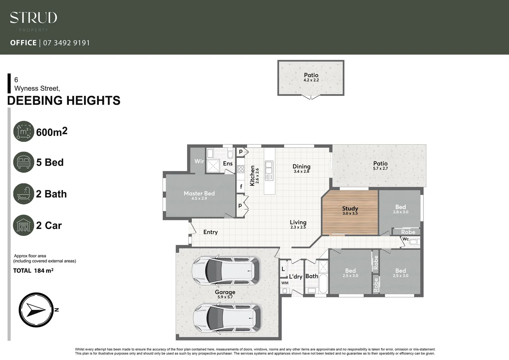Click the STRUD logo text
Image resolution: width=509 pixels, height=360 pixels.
(x=33, y=18)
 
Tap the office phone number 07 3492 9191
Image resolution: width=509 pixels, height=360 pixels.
(x=66, y=43)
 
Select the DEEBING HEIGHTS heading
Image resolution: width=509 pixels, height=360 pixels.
(x=64, y=101)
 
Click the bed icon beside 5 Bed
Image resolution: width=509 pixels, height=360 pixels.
(x=24, y=162)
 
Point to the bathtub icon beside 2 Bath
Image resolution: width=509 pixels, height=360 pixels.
(x=24, y=194)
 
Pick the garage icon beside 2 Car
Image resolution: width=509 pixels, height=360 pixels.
(x=24, y=225)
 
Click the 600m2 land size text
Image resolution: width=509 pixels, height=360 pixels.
(x=52, y=132)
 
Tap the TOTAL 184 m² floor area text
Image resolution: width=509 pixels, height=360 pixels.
(x=33, y=271)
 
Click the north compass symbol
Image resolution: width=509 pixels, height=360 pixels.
(x=36, y=310)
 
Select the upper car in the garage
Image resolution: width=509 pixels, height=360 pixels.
(x=226, y=271)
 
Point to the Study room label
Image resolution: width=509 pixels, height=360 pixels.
(x=350, y=209)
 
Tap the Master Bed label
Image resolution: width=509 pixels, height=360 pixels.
(x=199, y=194)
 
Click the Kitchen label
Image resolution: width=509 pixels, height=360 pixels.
(x=252, y=175)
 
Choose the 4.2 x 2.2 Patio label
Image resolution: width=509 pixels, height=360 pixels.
(x=311, y=77)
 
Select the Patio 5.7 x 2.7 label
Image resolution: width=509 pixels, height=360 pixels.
(x=380, y=165)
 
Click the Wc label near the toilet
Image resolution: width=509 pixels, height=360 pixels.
(x=405, y=239)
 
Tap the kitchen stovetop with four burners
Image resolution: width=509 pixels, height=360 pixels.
(x=241, y=169)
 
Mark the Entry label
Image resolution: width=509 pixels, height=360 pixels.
(x=210, y=232)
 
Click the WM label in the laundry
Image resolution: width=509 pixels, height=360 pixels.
(x=285, y=283)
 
